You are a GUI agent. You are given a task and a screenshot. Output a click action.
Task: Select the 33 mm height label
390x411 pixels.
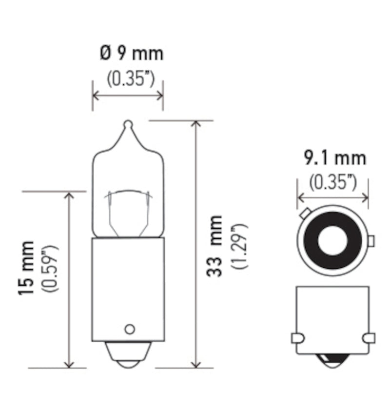pos(214,246)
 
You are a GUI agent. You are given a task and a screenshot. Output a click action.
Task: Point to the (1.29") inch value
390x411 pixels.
pos(239,246)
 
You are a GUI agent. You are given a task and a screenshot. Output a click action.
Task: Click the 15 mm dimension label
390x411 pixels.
pos(27,268)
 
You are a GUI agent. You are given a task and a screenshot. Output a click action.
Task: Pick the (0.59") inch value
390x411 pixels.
pos(50,268)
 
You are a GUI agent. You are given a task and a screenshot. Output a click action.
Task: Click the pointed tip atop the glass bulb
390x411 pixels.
pos(128,125)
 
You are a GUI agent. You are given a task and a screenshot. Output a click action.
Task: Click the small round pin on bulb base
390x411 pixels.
pos(129,329)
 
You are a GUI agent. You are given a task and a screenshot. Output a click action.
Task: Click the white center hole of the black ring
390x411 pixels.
pos(332,240)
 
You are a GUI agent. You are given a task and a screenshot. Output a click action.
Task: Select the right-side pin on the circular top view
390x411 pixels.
pos(370,241)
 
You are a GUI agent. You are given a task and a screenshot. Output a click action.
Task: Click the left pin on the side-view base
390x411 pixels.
pos(297,337)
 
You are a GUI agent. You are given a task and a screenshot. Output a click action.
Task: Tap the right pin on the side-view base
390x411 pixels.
pos(369,337)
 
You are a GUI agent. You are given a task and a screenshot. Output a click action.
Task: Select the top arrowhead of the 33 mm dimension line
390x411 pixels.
pos(196,124)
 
